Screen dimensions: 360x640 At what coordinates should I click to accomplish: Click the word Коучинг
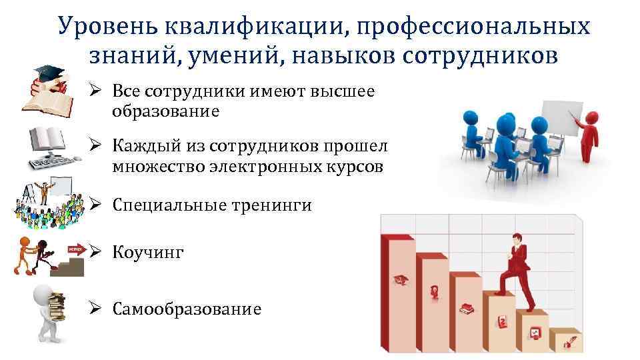pos(148,253)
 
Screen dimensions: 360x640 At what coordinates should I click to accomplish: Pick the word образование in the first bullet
pos(165,111)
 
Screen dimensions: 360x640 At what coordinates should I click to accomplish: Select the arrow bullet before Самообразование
pos(96,309)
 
